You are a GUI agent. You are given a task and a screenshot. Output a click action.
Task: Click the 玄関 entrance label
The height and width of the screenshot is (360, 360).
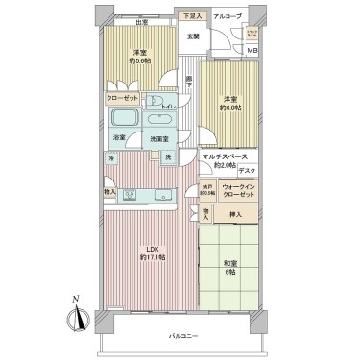click(x=192, y=37)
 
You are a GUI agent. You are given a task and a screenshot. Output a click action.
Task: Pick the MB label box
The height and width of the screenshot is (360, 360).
click(x=252, y=51)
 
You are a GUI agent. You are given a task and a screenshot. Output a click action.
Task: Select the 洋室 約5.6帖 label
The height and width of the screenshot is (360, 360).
click(x=140, y=59)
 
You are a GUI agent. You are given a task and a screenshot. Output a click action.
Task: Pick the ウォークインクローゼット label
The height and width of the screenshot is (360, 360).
click(x=236, y=190)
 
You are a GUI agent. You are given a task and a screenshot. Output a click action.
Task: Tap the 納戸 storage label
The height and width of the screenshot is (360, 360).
click(x=206, y=190)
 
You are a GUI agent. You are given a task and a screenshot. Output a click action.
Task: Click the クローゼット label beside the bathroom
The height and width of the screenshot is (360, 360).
click(x=125, y=98)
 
